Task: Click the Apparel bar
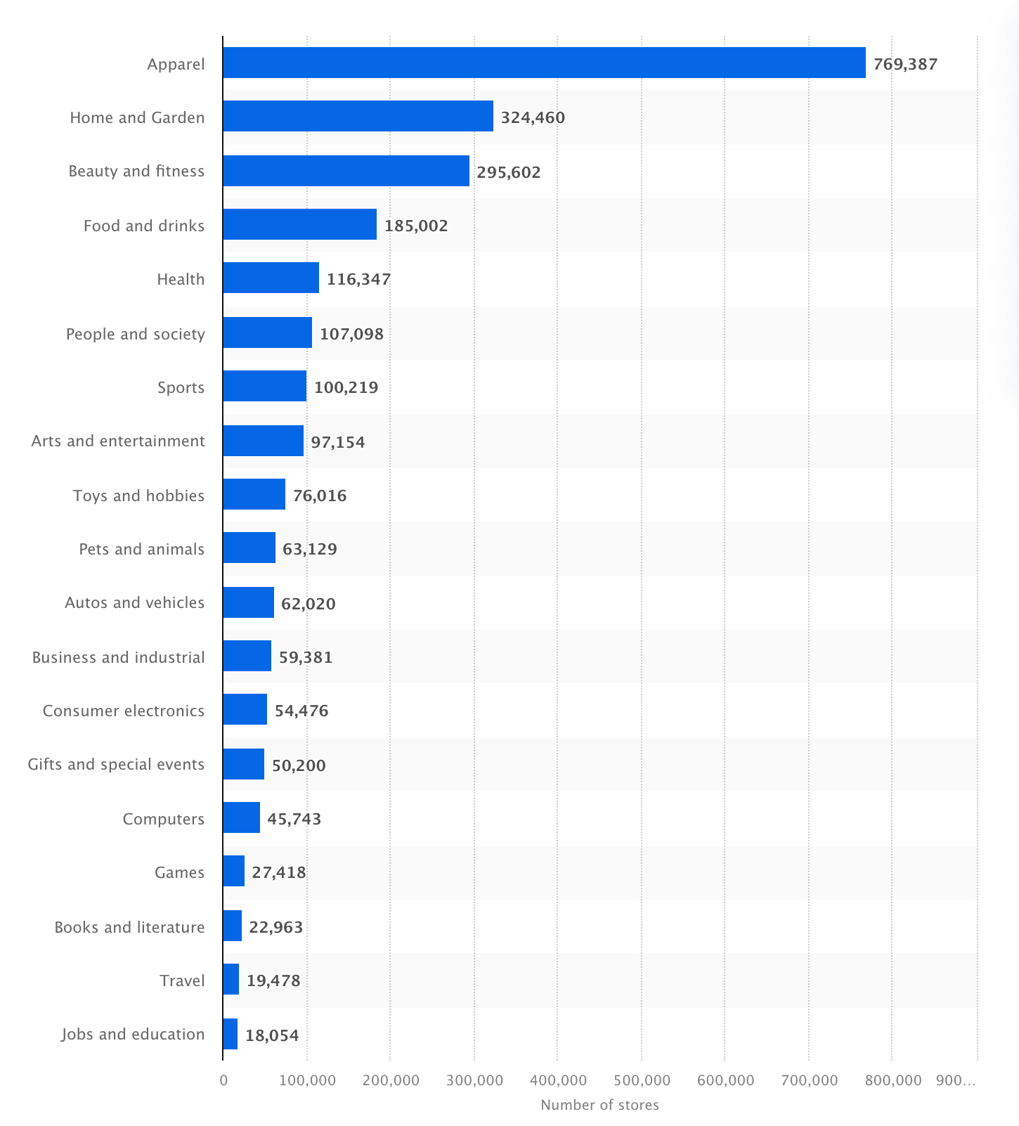coord(544,63)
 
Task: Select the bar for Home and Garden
coord(358,116)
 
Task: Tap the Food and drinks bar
coord(299,224)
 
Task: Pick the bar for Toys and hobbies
coord(254,494)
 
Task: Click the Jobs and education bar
coord(230,1034)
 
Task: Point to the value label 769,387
coord(905,65)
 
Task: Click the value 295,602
coord(509,172)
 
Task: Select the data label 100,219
coord(346,387)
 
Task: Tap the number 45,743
coord(294,819)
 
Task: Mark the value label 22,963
coord(275,927)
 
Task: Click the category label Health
coord(181,279)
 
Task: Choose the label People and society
coord(135,334)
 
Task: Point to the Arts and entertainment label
coord(118,441)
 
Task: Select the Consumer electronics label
coord(124,711)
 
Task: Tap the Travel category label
coord(182,981)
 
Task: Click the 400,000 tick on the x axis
coord(558,1080)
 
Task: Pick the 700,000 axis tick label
coord(809,1080)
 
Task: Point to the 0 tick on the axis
coord(223,1080)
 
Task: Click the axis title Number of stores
coord(599,1105)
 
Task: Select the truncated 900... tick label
coord(956,1080)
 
